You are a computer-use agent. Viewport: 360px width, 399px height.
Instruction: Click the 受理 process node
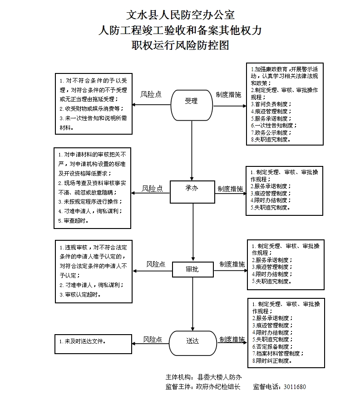[192, 101]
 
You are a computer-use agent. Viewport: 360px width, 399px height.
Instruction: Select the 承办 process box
[192, 188]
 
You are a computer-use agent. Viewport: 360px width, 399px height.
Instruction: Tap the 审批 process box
[192, 269]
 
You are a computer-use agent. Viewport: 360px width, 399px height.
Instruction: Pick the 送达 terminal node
[192, 341]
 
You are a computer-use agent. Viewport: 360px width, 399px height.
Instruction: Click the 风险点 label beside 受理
[151, 94]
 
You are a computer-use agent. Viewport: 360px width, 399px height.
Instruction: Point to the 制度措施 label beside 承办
[230, 189]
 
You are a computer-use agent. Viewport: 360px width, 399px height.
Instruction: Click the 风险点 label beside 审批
[156, 264]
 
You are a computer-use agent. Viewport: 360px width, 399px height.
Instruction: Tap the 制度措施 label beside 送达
[232, 339]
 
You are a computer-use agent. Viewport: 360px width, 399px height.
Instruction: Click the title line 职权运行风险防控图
[180, 45]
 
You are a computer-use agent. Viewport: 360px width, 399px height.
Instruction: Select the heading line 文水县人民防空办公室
[180, 15]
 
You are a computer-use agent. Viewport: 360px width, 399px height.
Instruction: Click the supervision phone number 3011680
[295, 387]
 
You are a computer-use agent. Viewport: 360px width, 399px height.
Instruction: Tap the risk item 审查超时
[74, 220]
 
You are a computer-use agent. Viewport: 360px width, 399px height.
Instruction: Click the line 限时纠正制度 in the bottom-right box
[272, 361]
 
